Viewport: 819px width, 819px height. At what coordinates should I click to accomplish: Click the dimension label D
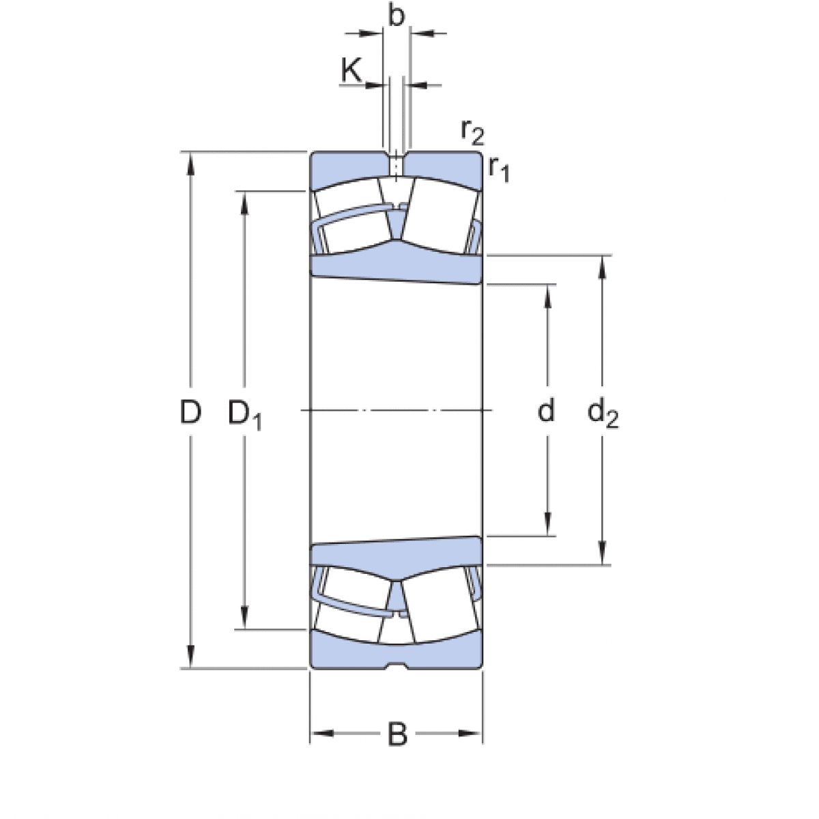[x=190, y=412]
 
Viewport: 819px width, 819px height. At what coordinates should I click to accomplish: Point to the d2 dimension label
[x=603, y=414]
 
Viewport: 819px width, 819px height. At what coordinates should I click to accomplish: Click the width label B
[x=397, y=735]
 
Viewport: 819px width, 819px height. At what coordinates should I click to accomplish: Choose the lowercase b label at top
[x=396, y=16]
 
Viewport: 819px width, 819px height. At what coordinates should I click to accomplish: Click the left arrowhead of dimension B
[x=319, y=734]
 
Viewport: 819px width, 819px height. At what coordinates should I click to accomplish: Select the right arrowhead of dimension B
[x=475, y=734]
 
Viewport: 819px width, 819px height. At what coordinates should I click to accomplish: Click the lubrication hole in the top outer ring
[x=396, y=166]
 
